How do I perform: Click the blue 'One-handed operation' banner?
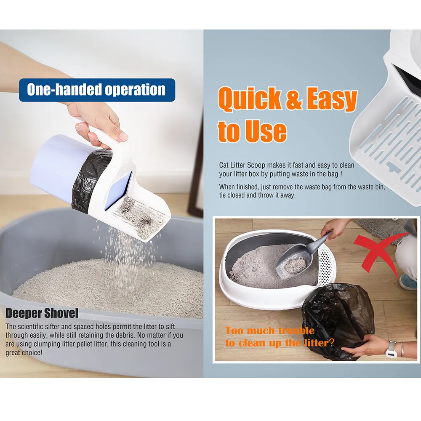tap(97, 90)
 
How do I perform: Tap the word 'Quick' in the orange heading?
tap(250, 99)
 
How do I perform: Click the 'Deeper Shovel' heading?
tap(42, 313)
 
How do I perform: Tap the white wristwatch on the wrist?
tap(391, 349)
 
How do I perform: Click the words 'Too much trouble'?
tap(269, 330)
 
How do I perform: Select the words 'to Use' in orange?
tap(252, 131)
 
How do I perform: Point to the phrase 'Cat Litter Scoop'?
tap(242, 165)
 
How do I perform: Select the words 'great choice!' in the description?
tap(24, 352)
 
